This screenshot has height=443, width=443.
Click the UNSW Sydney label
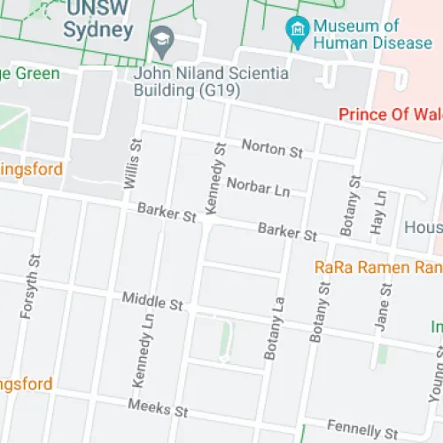[98, 20]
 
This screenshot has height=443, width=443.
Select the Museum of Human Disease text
[357, 34]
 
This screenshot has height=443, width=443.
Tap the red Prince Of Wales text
[390, 114]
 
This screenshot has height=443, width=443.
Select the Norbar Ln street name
[258, 186]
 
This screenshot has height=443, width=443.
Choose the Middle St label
[152, 302]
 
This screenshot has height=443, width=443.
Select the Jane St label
[383, 307]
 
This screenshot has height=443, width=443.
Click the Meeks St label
[159, 408]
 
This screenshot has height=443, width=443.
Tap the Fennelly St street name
[362, 428]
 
